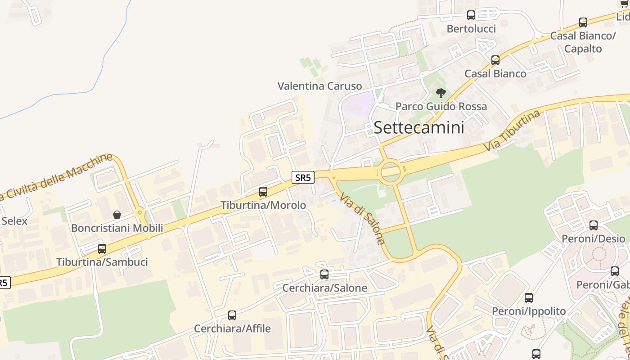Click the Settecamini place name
pyautogui.click(x=418, y=127)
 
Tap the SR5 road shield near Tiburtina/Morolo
pyautogui.click(x=303, y=177)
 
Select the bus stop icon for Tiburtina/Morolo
pyautogui.click(x=263, y=192)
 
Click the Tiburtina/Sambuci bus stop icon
pyautogui.click(x=102, y=248)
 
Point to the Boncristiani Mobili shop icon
pyautogui.click(x=117, y=215)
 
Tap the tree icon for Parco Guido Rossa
pyautogui.click(x=441, y=93)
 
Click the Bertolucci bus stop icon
pyautogui.click(x=471, y=15)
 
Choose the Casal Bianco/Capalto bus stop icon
pyautogui.click(x=583, y=22)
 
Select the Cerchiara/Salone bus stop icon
pyautogui.click(x=324, y=274)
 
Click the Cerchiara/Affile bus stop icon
pyautogui.click(x=232, y=315)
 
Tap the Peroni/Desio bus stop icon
pyautogui.click(x=594, y=225)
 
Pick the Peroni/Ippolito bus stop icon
pyautogui.click(x=529, y=298)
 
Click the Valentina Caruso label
pyautogui.click(x=319, y=86)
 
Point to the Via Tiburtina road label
pyautogui.click(x=512, y=130)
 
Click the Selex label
pyautogui.click(x=14, y=221)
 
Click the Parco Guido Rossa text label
pyautogui.click(x=441, y=107)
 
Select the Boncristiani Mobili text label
pyautogui.click(x=117, y=228)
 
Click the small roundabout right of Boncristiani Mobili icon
pyautogui.click(x=140, y=211)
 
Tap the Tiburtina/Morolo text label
pyautogui.click(x=263, y=205)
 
